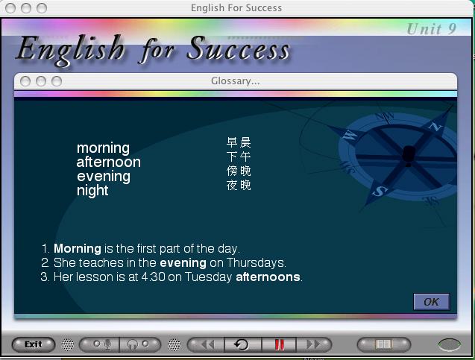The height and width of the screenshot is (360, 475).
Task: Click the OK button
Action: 431,302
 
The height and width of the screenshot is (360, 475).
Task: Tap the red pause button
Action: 280,344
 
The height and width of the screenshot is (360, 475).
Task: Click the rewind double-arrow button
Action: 207,344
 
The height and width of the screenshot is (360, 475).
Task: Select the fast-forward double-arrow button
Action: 314,344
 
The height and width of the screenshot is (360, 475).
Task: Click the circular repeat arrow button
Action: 242,344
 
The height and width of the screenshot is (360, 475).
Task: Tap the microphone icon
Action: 107,344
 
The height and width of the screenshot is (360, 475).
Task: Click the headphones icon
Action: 133,344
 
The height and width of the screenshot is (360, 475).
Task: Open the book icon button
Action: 384,344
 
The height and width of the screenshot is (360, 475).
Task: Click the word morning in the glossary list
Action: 104,148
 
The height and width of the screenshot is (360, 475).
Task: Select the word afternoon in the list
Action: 108,162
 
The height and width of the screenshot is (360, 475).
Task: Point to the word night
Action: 92,191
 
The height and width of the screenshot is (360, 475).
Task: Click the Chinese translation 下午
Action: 239,157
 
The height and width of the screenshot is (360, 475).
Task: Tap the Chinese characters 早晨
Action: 239,142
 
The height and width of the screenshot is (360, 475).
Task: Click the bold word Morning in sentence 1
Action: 78,249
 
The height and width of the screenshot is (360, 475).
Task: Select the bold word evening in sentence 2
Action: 183,263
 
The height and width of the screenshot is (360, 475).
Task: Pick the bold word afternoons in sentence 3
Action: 268,277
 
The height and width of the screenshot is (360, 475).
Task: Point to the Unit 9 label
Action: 431,29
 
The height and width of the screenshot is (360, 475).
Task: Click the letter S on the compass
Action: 380,191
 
